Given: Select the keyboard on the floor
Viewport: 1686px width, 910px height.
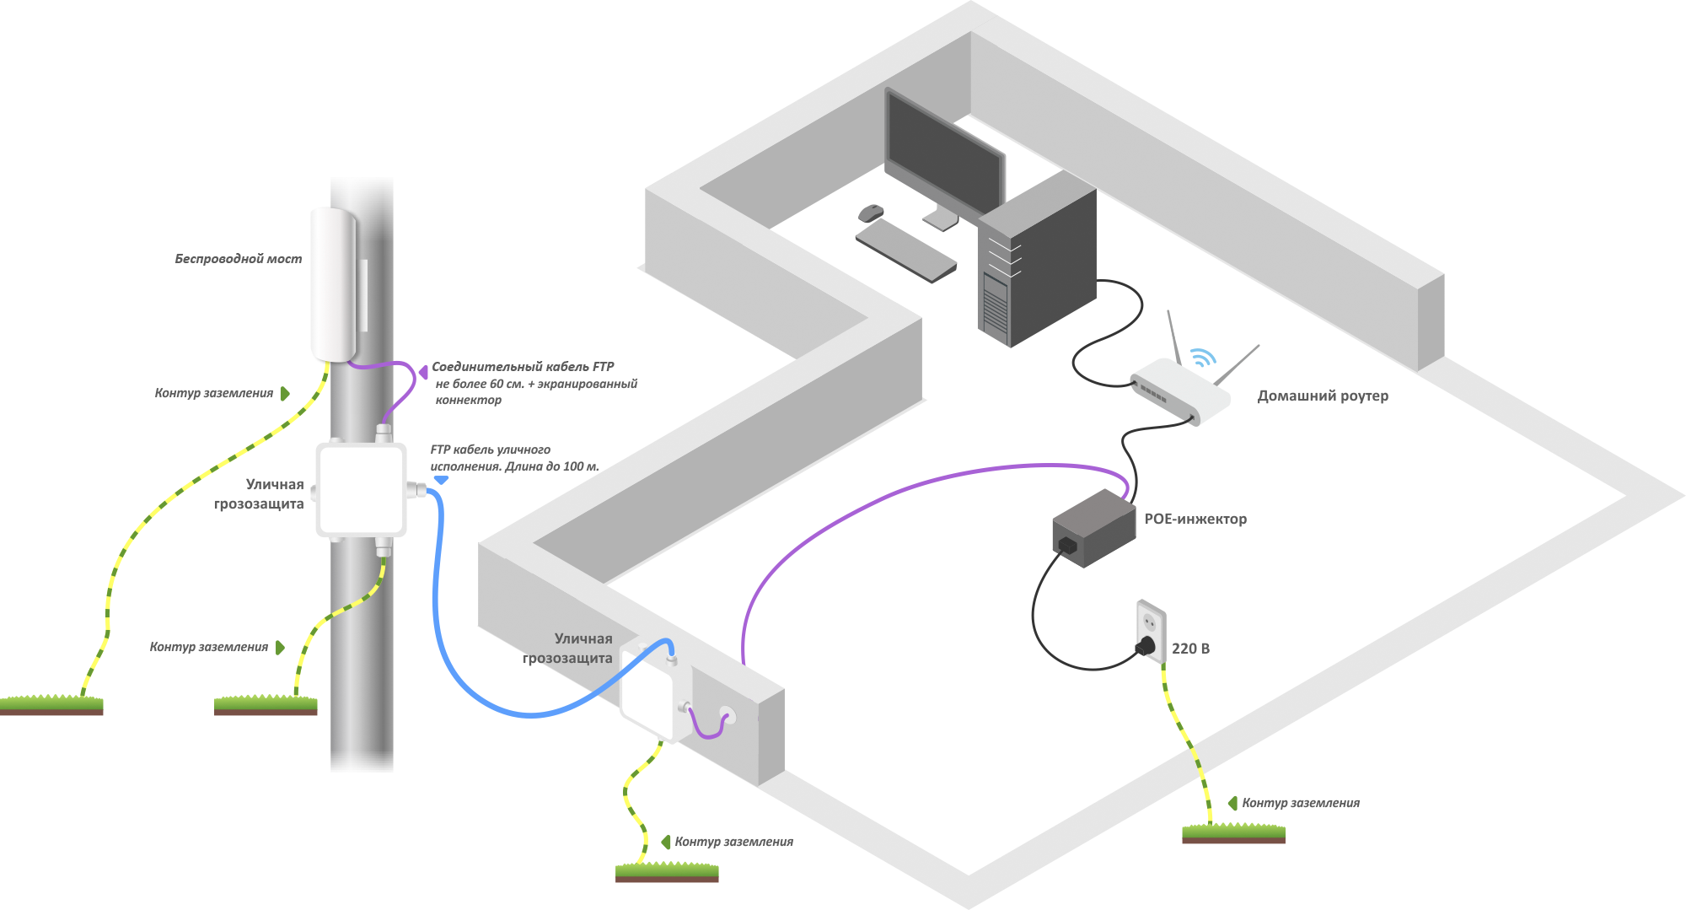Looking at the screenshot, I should click(x=906, y=251).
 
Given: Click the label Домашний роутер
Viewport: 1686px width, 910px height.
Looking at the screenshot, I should click(x=1322, y=396).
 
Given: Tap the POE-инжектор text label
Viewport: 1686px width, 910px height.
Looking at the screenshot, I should click(x=1195, y=519).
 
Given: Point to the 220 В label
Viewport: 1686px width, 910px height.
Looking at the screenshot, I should click(x=1190, y=649).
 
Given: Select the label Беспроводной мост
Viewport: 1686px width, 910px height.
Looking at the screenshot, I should click(x=238, y=259).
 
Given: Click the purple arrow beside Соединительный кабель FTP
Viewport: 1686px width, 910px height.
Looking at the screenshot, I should click(x=423, y=371).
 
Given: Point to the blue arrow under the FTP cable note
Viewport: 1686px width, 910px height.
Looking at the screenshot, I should click(x=441, y=480).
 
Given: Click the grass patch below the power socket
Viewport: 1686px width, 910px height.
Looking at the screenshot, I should click(x=1233, y=833).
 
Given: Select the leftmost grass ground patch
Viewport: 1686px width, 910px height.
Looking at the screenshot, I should click(x=51, y=704).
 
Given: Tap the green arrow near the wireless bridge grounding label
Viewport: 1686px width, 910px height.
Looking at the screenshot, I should click(x=285, y=394).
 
